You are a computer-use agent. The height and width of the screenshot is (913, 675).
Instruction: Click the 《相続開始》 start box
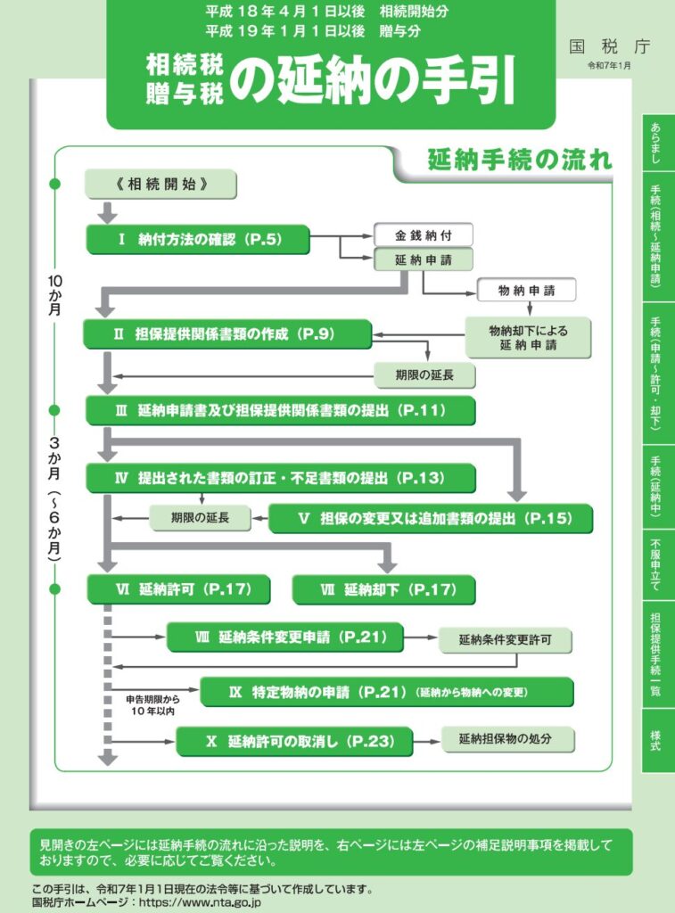point(161,185)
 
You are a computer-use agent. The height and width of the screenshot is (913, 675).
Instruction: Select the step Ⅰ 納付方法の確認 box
point(198,240)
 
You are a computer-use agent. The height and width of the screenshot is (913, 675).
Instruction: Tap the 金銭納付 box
point(422,235)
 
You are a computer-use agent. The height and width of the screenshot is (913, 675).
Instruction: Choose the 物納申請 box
point(526,290)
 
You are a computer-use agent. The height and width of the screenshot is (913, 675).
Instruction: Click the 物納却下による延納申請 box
point(528,337)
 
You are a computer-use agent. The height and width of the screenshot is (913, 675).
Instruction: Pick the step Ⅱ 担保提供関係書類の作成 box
point(227,334)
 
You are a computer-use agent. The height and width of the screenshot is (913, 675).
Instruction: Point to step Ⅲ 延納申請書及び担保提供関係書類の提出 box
point(280,410)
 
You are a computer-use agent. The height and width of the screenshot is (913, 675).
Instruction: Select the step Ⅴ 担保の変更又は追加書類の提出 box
point(431,518)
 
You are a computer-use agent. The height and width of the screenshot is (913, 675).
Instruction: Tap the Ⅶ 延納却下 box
point(383,589)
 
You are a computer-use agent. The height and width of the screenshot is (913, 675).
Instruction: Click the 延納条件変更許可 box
point(505,640)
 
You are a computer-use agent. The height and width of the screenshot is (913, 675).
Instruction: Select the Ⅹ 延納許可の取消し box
point(294,741)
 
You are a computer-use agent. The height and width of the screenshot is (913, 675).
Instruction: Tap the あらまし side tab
point(657,143)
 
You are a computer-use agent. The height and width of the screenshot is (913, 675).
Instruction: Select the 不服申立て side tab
point(657,565)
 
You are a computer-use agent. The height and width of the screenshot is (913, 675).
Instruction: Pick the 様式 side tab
point(657,740)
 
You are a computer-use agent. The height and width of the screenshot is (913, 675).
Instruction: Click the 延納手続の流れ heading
point(519,160)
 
